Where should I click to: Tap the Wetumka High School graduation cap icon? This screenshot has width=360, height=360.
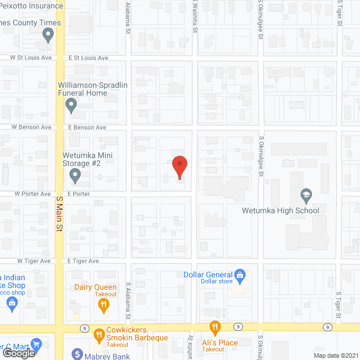click(307, 196)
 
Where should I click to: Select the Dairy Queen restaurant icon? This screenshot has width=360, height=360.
click(103, 306)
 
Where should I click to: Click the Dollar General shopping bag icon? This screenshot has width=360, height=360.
click(240, 275)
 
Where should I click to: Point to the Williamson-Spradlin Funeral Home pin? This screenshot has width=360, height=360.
click(71, 105)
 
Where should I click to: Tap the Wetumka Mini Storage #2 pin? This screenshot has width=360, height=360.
click(75, 176)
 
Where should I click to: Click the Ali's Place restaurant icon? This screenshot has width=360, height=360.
click(214, 326)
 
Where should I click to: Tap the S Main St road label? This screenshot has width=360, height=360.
click(58, 213)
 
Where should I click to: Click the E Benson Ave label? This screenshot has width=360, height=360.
click(87, 128)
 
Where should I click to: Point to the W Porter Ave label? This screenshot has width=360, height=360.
click(34, 193)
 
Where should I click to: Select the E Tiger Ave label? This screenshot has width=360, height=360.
click(83, 261)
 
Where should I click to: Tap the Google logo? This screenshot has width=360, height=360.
click(18, 353)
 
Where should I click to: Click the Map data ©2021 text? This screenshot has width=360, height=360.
click(336, 355)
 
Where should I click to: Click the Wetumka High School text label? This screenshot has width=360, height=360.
click(281, 211)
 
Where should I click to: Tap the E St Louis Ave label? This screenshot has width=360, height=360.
click(88, 58)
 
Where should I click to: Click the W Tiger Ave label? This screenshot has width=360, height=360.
click(34, 261)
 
